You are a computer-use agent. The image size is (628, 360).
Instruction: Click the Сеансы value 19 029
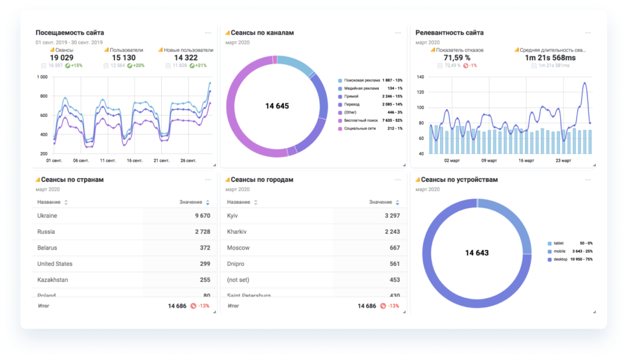61,58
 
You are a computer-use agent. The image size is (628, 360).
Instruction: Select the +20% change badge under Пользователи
136,65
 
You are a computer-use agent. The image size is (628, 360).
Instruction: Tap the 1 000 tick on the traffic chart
42,77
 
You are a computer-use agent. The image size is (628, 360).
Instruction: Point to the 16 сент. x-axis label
135,160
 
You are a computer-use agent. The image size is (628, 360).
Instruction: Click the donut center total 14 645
277,106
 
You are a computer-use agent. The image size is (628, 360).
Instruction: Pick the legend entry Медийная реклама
361,88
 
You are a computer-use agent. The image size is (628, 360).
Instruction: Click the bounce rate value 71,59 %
457,58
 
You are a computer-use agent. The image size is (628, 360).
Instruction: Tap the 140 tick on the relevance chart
420,77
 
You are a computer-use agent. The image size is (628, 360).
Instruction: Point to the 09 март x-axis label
490,160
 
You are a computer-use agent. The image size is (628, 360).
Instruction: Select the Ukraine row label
47,216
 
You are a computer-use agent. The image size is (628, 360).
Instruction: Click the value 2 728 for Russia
202,232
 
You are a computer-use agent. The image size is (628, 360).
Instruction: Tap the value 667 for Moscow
394,248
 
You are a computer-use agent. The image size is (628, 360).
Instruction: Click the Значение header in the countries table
191,202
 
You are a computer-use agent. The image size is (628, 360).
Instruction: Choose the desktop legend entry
560,260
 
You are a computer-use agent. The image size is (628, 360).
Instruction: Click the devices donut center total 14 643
477,253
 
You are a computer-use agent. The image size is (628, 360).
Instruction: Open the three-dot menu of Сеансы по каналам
398,33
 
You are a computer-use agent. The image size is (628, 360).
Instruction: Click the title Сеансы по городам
262,180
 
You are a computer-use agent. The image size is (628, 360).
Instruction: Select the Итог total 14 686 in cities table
367,306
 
